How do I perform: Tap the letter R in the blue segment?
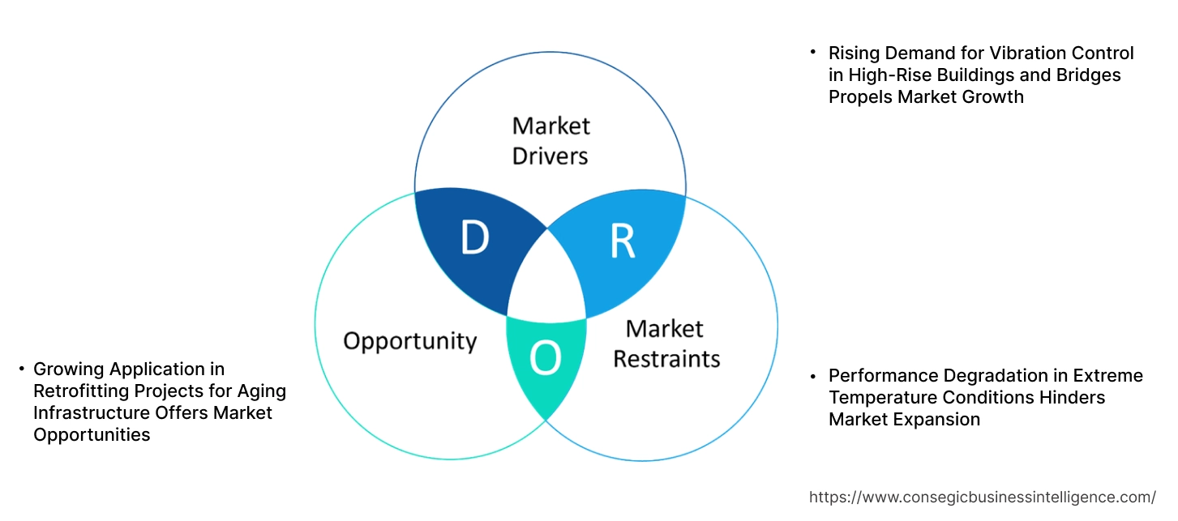click(x=622, y=242)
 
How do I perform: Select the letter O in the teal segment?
click(x=546, y=359)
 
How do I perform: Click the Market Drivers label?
click(x=550, y=140)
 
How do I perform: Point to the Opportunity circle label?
click(x=409, y=340)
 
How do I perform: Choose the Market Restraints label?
click(x=666, y=343)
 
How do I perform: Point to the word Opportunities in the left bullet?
click(x=92, y=435)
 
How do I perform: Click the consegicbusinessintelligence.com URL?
click(x=983, y=497)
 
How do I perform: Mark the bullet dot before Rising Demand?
click(x=812, y=53)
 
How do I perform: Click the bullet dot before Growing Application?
click(x=22, y=369)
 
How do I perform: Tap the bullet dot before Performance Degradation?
click(x=812, y=376)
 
